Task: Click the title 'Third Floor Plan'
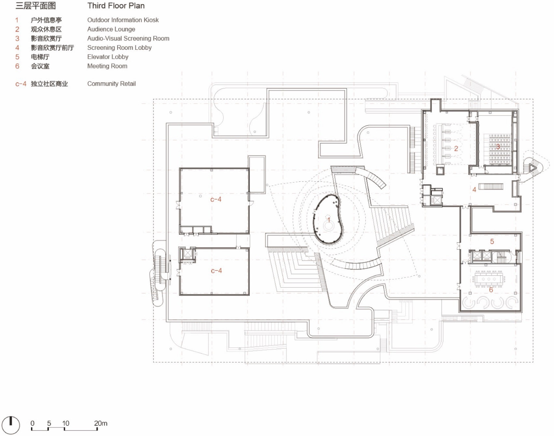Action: tap(116, 6)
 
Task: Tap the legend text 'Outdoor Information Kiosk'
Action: tap(123, 20)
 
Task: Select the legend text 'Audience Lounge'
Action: tap(111, 29)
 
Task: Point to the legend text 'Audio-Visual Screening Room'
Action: tap(128, 39)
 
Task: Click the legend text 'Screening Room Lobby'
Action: tap(119, 48)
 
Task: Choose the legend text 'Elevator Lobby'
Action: tap(108, 57)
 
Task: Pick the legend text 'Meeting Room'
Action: tap(107, 66)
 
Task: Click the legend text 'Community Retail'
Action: tap(111, 84)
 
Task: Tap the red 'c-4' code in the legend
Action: tap(20, 84)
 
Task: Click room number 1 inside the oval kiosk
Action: tap(329, 220)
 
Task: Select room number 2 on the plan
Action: tap(456, 149)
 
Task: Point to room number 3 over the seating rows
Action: tap(498, 147)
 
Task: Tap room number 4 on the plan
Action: tap(474, 190)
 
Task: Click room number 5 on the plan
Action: tap(492, 241)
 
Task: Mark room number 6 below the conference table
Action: tap(491, 290)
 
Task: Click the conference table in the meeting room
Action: tap(489, 279)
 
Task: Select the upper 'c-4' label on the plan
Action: tap(216, 200)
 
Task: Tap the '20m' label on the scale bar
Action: tap(100, 423)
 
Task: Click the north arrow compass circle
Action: tap(10, 425)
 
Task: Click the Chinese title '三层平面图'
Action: tap(36, 6)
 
